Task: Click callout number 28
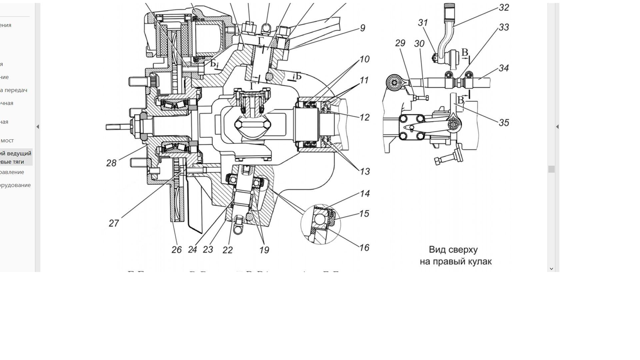pyautogui.click(x=111, y=163)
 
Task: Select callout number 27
pyautogui.click(x=114, y=223)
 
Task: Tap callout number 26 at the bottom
pyautogui.click(x=177, y=250)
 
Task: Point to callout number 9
pyautogui.click(x=363, y=28)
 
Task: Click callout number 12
pyautogui.click(x=365, y=117)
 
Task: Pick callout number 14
pyautogui.click(x=365, y=194)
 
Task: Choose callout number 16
pyautogui.click(x=364, y=247)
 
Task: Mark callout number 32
pyautogui.click(x=504, y=8)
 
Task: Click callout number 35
pyautogui.click(x=504, y=123)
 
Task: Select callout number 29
pyautogui.click(x=400, y=43)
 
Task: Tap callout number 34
pyautogui.click(x=504, y=68)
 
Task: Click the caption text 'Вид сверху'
pyautogui.click(x=453, y=250)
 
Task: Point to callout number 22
pyautogui.click(x=227, y=250)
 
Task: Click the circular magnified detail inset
pyautogui.click(x=321, y=224)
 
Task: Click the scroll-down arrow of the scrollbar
pyautogui.click(x=551, y=268)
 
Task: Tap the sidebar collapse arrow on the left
pyautogui.click(x=38, y=127)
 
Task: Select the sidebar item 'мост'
pyautogui.click(x=7, y=141)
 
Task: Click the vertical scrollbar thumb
pyautogui.click(x=551, y=169)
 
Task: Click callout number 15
pyautogui.click(x=364, y=214)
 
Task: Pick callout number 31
pyautogui.click(x=423, y=23)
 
